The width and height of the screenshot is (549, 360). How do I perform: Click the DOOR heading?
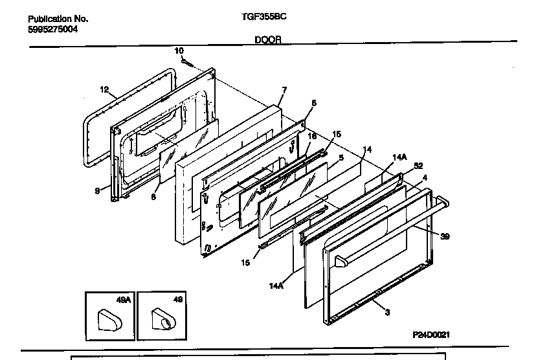(x=267, y=39)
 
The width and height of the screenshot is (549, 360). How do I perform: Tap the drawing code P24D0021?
(x=431, y=335)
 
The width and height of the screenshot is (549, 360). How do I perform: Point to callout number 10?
(x=179, y=51)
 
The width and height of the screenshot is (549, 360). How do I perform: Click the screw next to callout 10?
(x=186, y=62)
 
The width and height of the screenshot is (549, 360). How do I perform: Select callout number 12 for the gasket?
(x=104, y=91)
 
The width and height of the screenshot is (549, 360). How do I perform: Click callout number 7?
(x=284, y=89)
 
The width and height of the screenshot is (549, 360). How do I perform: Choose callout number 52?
(x=418, y=165)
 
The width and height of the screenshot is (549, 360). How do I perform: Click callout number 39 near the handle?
(x=445, y=237)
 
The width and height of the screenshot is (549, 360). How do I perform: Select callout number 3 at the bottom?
(x=387, y=313)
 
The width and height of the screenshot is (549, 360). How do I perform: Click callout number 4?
(x=425, y=177)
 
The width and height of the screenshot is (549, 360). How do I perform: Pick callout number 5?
(x=341, y=157)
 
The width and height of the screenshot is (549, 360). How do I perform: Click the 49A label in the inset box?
(x=123, y=299)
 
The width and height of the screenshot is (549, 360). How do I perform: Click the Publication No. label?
(x=58, y=19)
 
